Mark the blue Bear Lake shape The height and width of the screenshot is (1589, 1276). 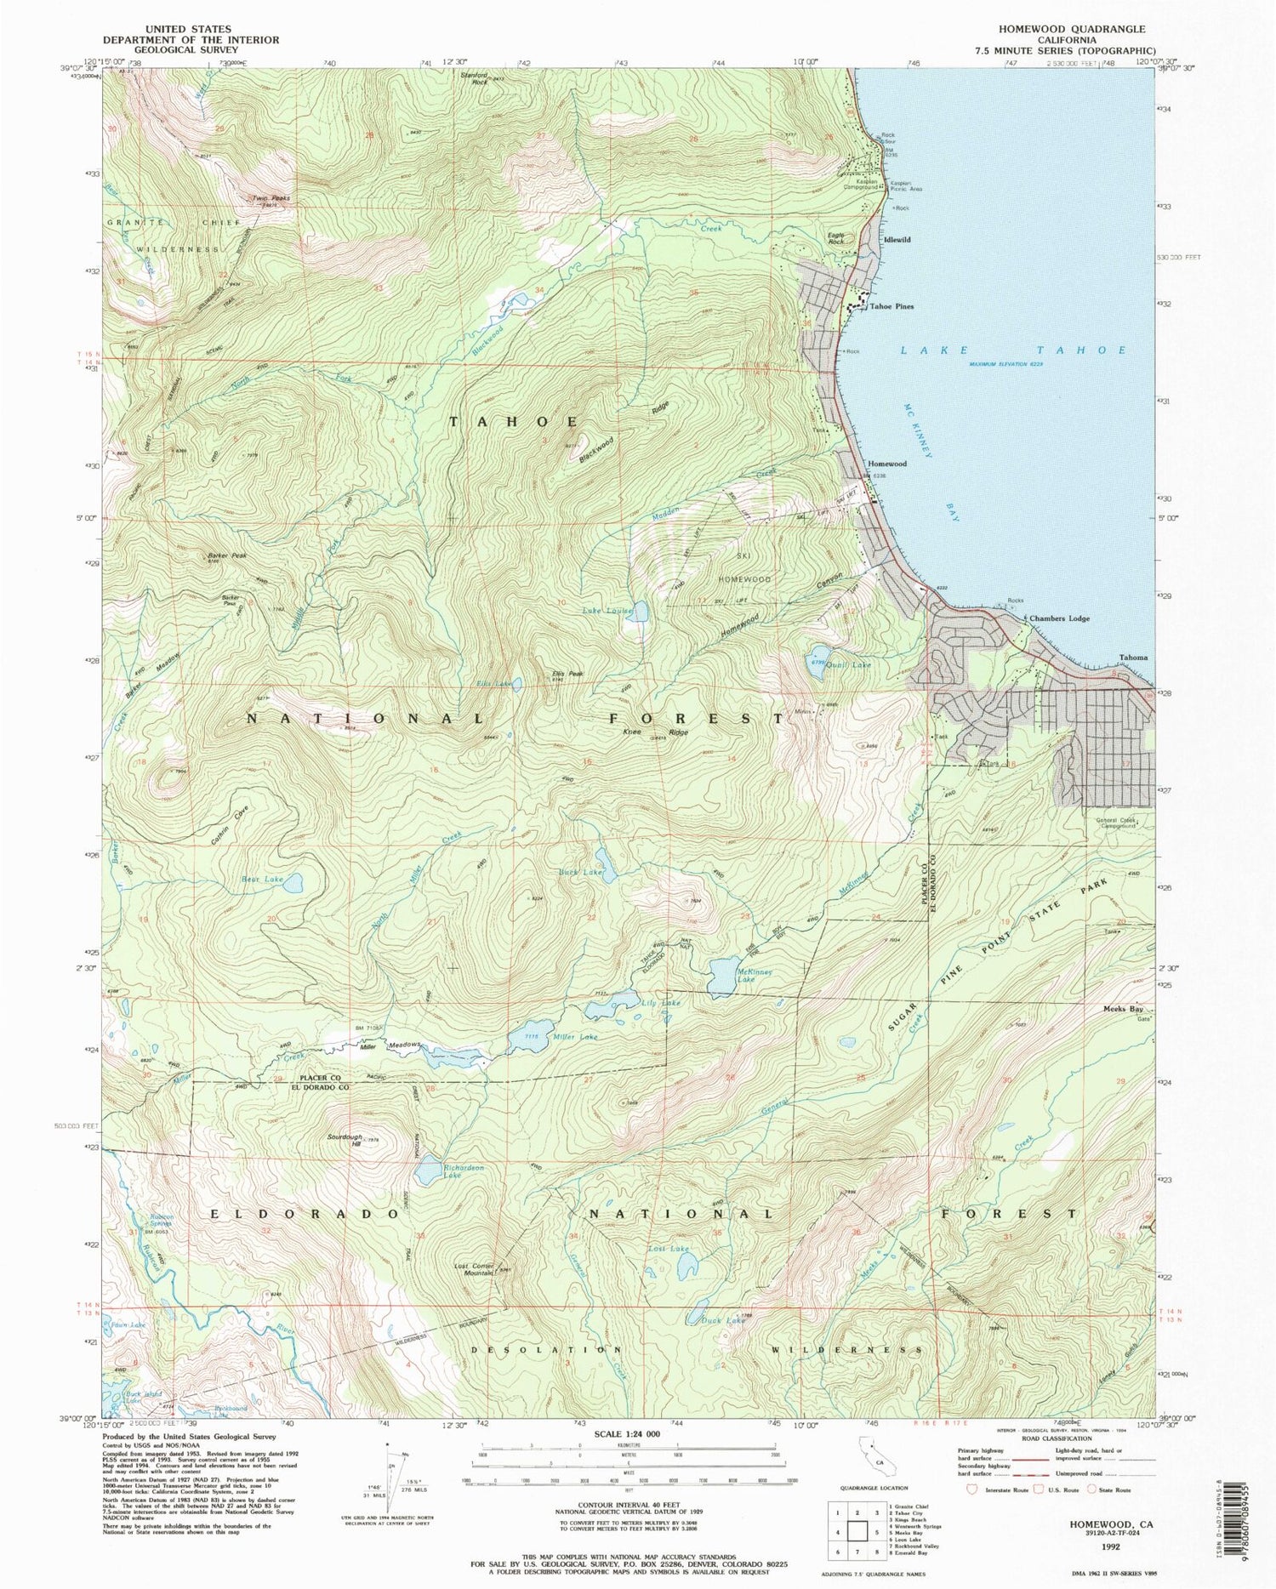(293, 883)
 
